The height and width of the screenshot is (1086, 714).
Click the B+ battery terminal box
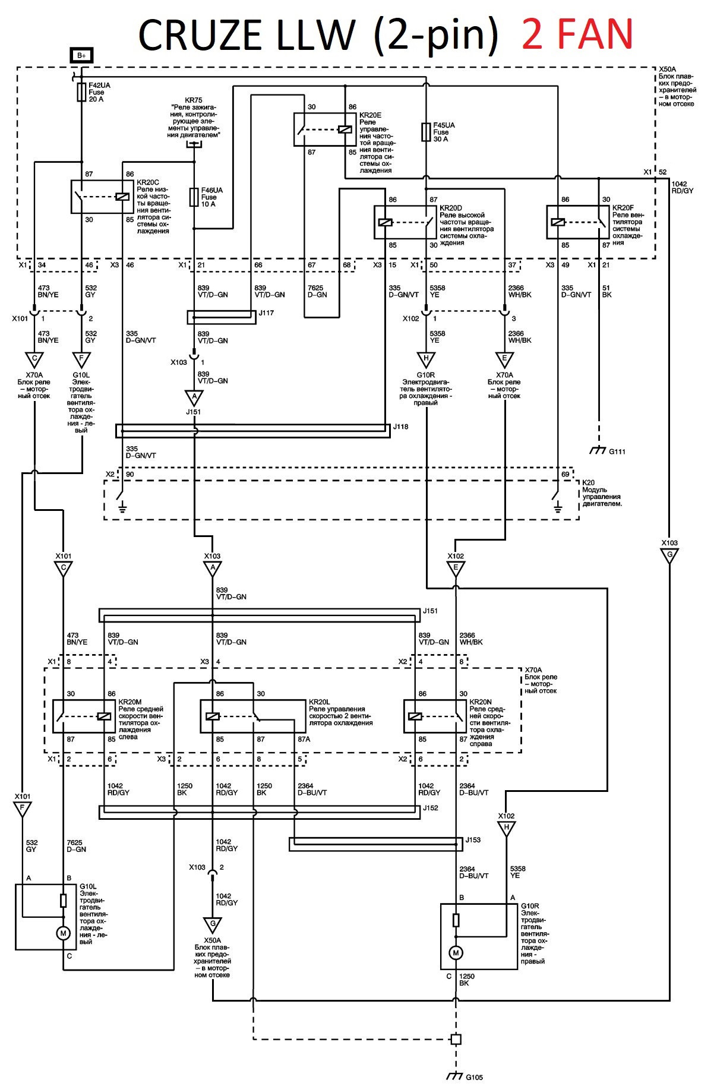coord(81,55)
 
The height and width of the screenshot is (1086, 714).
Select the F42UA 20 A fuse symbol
coord(81,92)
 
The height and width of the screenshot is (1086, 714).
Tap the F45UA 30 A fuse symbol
coord(426,132)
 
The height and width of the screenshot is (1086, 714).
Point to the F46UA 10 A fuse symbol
coord(194,197)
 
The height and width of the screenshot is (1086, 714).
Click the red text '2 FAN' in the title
coord(577,34)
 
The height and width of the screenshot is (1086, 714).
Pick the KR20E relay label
coord(370,115)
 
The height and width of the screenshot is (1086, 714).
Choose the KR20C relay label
coord(148,182)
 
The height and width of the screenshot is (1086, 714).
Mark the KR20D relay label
coord(451,209)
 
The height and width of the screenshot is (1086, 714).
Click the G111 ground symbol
coord(598,450)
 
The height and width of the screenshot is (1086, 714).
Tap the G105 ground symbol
coord(455,1076)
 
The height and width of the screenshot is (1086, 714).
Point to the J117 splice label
coord(266,313)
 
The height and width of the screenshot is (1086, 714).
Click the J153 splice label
coord(473,840)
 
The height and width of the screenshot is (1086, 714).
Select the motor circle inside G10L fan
coord(63,933)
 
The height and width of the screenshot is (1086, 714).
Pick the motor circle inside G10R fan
coord(456,953)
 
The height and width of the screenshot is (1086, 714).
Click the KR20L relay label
coord(320,702)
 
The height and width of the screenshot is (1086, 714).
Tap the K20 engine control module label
coord(589,482)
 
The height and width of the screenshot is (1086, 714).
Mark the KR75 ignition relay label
coord(193,100)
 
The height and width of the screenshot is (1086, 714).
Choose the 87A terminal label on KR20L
coord(304,740)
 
